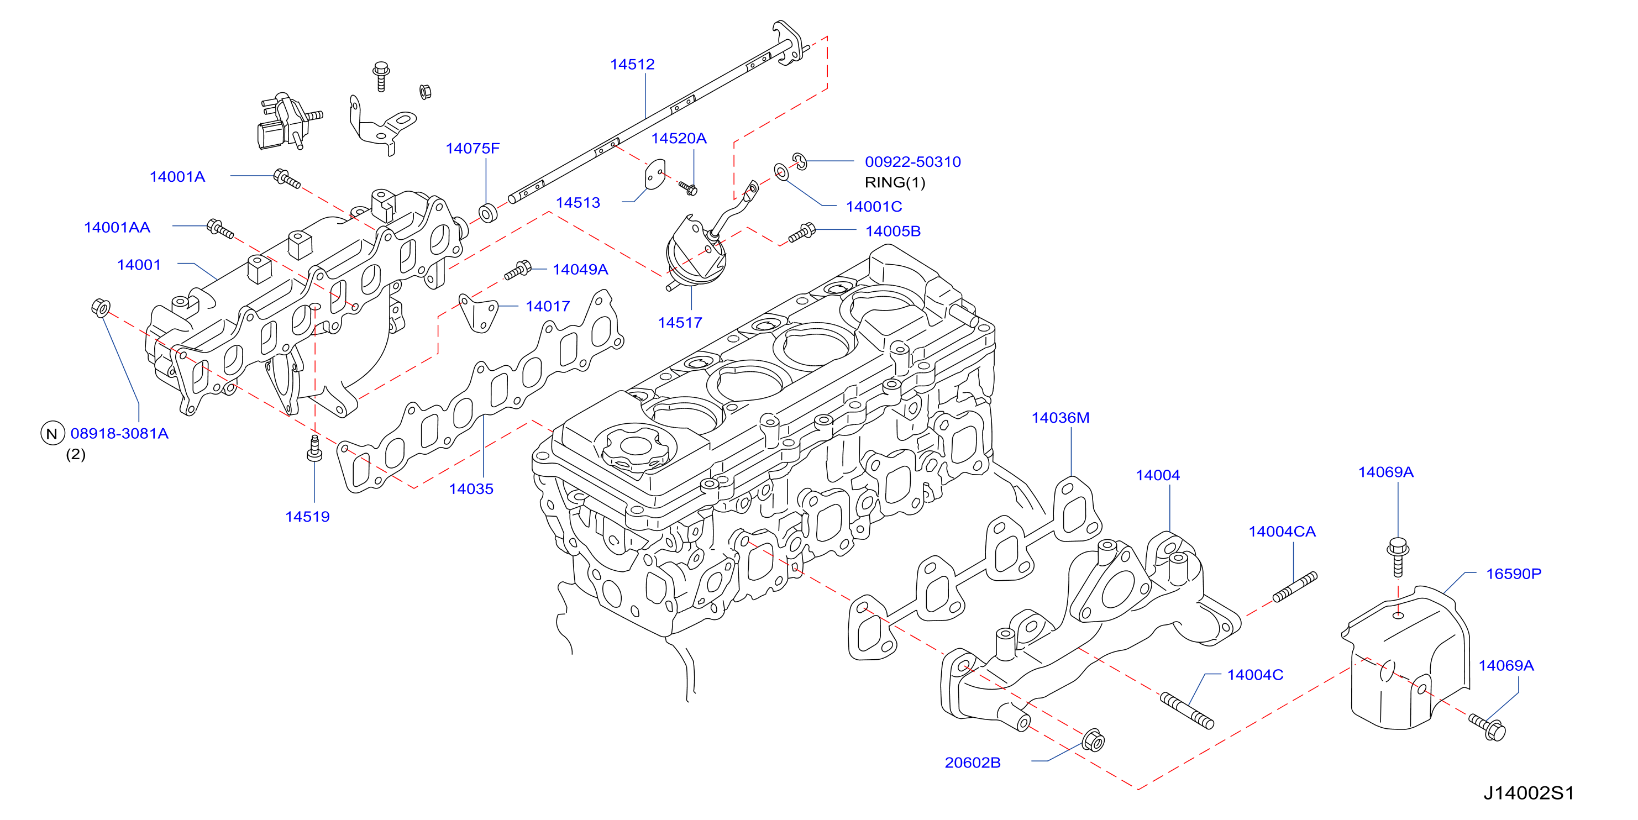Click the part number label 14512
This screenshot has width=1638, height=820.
tap(632, 64)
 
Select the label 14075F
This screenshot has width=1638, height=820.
tap(473, 148)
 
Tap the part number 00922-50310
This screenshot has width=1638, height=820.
tap(912, 161)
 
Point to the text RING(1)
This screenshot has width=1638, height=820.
tap(895, 182)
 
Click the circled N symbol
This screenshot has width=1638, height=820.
tap(52, 434)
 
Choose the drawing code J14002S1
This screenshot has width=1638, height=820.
tap(1528, 793)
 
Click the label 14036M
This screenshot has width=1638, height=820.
tap(1060, 418)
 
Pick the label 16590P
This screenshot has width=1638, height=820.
tap(1513, 574)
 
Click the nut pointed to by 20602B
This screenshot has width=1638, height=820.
tap(1093, 740)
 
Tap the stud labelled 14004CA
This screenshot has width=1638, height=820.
tap(1295, 587)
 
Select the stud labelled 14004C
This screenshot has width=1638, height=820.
tap(1186, 710)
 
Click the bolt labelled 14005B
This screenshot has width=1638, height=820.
tap(802, 233)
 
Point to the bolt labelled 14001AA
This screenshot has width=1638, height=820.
tap(220, 228)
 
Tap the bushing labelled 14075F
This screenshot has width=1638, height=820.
tap(488, 213)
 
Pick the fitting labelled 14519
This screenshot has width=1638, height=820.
tap(314, 449)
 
